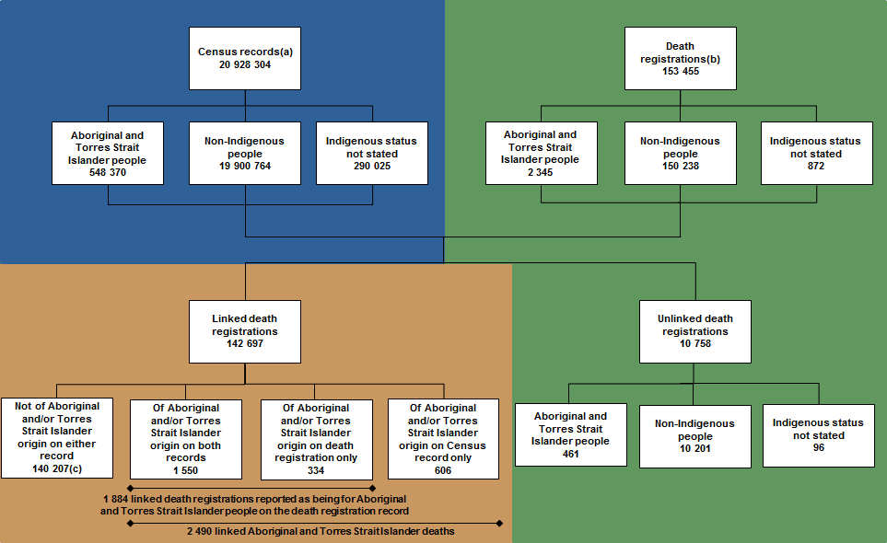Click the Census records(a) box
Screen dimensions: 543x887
click(245, 58)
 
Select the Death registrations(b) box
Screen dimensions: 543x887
click(680, 58)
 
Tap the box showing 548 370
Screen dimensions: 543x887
click(108, 153)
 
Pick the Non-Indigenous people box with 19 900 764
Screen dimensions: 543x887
click(244, 153)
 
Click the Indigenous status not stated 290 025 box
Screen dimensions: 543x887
click(371, 153)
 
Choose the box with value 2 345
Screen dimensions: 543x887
click(541, 153)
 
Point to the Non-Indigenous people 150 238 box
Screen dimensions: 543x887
click(680, 153)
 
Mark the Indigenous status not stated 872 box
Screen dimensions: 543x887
click(816, 153)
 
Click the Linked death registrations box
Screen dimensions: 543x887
click(244, 331)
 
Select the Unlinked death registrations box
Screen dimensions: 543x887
click(695, 331)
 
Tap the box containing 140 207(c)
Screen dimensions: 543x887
click(57, 438)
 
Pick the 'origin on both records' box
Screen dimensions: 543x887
click(186, 439)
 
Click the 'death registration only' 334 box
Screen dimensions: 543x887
click(316, 439)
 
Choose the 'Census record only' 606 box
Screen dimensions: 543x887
click(443, 439)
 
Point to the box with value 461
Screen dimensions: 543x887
click(570, 434)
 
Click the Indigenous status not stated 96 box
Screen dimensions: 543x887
click(818, 435)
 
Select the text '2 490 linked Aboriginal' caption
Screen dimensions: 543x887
click(320, 531)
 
